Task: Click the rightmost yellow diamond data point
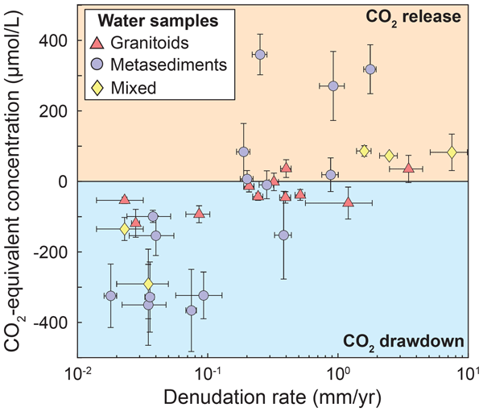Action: (x=452, y=152)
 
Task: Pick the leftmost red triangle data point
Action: (x=124, y=199)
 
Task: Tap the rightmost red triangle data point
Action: (x=408, y=168)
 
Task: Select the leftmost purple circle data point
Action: (x=111, y=296)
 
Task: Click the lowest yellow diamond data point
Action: (x=148, y=284)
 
